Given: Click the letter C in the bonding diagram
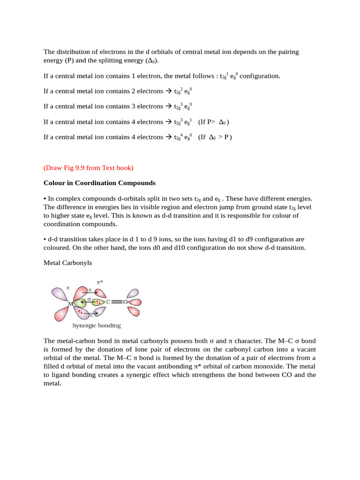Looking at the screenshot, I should coord(108,302).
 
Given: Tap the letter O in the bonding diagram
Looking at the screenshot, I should coord(125,302).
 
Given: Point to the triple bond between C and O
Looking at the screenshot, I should coord(117,302).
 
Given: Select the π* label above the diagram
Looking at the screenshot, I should coord(100,282).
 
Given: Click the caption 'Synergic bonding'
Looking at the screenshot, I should coord(97,325).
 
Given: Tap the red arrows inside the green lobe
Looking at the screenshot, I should coord(98,302).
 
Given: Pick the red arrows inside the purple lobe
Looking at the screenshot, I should coord(81,312).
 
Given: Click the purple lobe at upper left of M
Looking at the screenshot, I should coord(60,294).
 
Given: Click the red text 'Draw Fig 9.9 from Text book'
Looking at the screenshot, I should coord(89,167).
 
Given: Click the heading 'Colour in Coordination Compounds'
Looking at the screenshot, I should coord(100,183).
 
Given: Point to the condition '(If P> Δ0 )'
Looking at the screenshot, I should coord(214,122).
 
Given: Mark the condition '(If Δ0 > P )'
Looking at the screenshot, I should coord(215,137).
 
